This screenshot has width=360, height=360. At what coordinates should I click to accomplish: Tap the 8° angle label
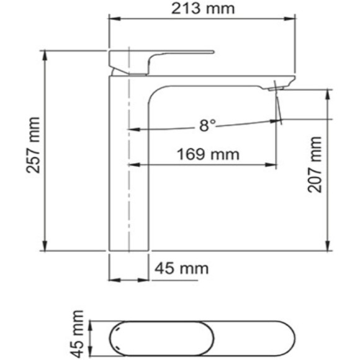207,125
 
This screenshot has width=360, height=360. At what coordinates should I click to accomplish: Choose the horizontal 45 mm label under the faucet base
181,269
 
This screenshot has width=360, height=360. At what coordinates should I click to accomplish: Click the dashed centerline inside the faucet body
128,186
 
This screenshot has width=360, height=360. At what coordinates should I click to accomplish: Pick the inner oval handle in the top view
163,338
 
